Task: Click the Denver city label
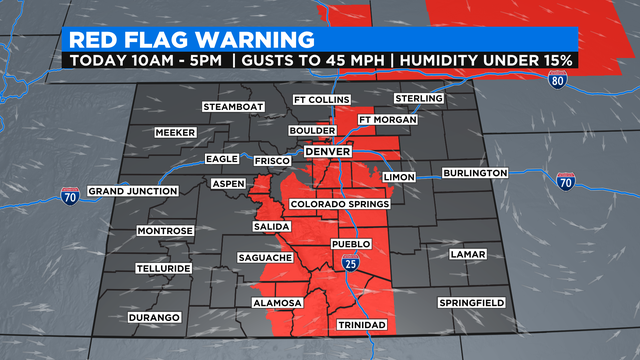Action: (x=327, y=151)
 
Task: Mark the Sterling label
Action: (x=417, y=98)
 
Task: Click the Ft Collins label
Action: (x=317, y=99)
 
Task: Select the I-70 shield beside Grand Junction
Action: (x=70, y=194)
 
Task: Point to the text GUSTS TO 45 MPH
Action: (x=316, y=61)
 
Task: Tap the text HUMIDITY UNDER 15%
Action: (x=486, y=61)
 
